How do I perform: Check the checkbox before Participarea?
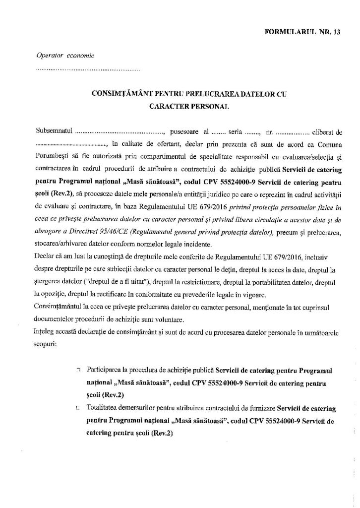click(78, 370)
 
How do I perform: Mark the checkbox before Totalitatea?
click(78, 408)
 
